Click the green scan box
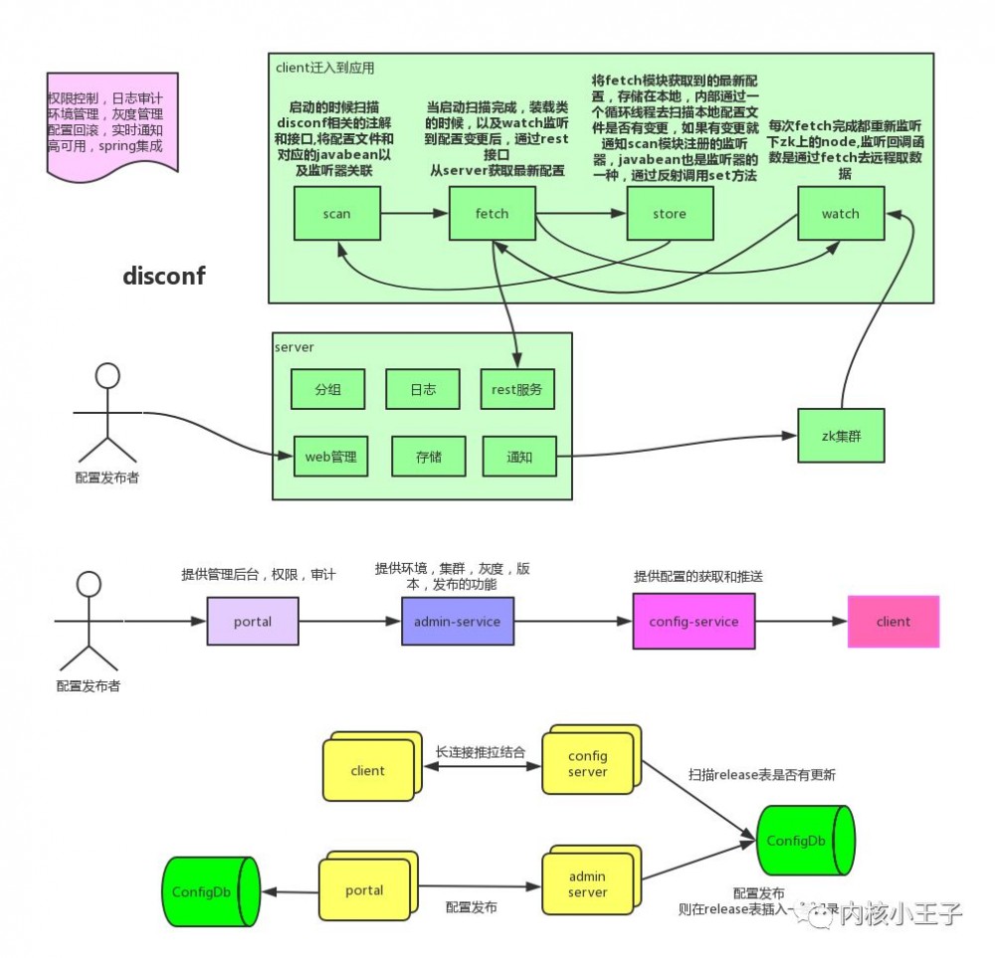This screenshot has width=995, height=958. tap(337, 213)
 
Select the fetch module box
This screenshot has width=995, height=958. tap(492, 213)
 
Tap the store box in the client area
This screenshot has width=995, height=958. tap(670, 213)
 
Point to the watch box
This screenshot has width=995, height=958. tap(841, 213)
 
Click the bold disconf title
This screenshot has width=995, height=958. tap(164, 277)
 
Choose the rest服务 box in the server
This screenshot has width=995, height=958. tap(517, 389)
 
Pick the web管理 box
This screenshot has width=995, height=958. tap(330, 457)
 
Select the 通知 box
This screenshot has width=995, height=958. tap(519, 457)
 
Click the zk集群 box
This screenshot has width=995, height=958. tap(841, 435)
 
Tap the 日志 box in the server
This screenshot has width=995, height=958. tap(422, 389)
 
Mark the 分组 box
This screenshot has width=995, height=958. tap(327, 389)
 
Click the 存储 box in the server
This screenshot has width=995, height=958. tap(429, 457)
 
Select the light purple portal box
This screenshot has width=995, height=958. tap(253, 622)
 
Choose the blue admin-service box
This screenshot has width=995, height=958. tap(458, 622)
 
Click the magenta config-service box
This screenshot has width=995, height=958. tap(694, 622)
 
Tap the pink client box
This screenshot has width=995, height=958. tap(893, 622)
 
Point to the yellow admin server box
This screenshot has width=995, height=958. tap(587, 885)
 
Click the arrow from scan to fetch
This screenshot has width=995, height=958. tap(414, 213)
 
